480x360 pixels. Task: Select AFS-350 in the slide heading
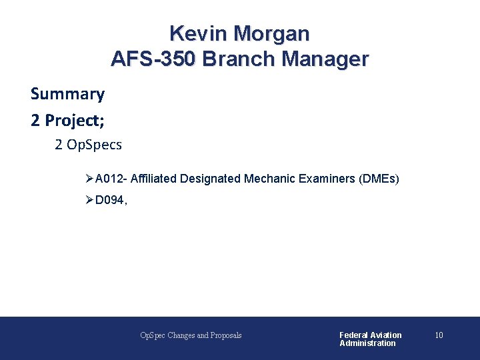coord(153,59)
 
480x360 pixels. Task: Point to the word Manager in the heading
coord(325,59)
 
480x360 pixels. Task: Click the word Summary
coord(67,94)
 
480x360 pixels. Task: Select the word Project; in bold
coord(73,120)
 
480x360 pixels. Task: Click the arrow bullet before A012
coord(90,179)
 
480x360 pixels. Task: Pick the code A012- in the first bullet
coord(111,179)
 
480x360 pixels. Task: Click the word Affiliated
coord(153,179)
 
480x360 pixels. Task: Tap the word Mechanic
coord(268,179)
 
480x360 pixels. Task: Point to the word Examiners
coord(324,179)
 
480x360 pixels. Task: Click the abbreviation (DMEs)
coord(379,179)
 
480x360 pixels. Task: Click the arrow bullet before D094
coord(90,199)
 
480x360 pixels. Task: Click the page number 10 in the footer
coord(439,335)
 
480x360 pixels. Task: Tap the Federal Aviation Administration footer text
coord(370,339)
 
